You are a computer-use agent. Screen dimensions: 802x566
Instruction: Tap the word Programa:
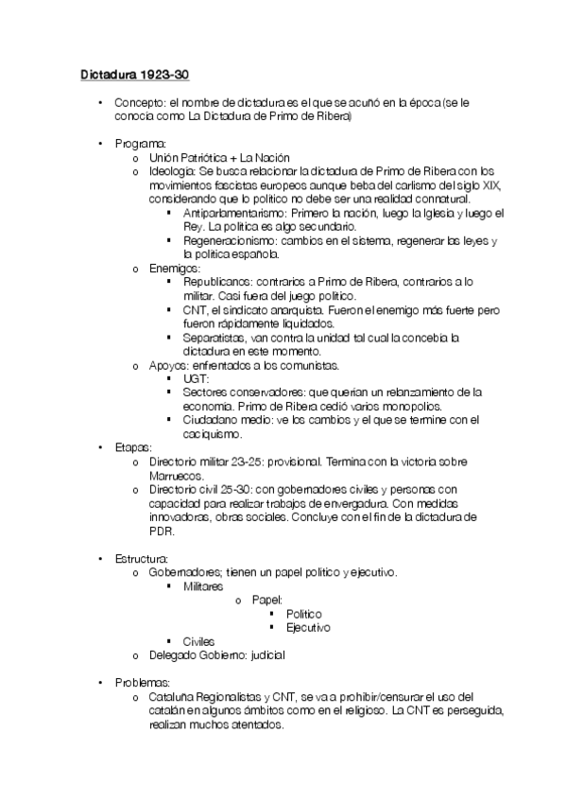[140, 143]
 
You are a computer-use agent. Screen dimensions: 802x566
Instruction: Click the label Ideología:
[173, 171]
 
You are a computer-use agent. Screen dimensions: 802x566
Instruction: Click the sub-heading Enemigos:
[175, 269]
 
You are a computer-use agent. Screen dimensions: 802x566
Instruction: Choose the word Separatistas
[215, 337]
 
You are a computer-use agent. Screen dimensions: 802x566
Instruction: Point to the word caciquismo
[213, 433]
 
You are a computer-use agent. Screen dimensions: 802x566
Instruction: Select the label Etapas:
[133, 446]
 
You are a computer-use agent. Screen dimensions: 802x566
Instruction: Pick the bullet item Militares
[203, 586]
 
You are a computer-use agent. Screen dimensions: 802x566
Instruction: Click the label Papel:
[267, 600]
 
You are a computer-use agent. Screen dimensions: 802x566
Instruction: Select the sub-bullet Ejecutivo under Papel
[308, 627]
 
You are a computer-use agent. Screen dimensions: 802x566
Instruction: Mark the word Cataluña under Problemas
[173, 696]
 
